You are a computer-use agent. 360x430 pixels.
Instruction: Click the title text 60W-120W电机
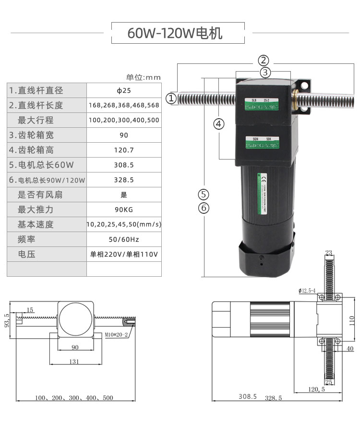click(175, 33)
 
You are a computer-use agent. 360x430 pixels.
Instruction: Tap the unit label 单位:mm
click(143, 77)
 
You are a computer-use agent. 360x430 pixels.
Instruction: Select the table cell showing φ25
click(124, 90)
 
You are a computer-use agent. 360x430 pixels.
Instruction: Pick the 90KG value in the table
click(124, 209)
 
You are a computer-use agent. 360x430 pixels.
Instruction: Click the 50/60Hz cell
click(124, 239)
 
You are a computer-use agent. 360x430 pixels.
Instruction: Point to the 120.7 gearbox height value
click(124, 150)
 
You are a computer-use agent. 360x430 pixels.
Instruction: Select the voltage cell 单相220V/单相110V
click(124, 254)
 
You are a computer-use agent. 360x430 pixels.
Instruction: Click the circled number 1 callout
click(171, 98)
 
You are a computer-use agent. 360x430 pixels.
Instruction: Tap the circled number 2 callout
click(264, 61)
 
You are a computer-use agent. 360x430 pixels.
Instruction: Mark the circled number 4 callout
click(219, 124)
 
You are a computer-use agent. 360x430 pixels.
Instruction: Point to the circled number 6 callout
click(204, 208)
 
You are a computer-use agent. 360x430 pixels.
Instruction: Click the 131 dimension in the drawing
click(74, 362)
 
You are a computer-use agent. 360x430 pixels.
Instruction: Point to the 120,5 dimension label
click(317, 389)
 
